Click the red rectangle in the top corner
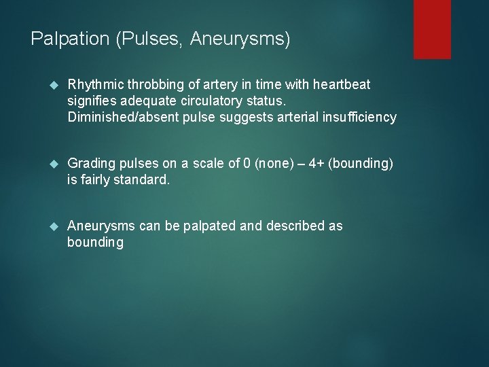point(433,29)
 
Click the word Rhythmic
point(94,85)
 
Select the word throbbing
point(153,85)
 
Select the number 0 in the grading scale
point(247,165)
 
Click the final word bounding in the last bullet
point(95,243)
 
